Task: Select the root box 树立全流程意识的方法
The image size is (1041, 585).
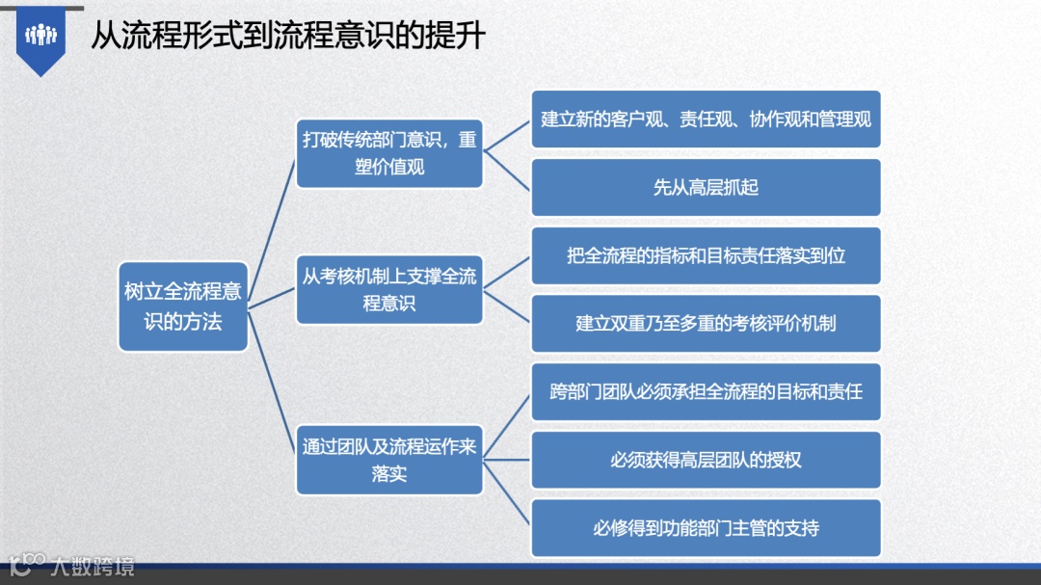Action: [x=183, y=306]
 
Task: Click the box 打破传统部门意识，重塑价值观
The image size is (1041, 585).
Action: [x=389, y=153]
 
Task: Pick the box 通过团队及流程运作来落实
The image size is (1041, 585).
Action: [x=389, y=460]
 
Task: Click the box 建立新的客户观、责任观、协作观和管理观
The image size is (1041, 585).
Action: [x=706, y=120]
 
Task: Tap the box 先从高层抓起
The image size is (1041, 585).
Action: [x=706, y=187]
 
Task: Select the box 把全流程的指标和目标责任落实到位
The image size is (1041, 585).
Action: [x=706, y=256]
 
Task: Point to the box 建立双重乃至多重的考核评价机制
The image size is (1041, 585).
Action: [x=706, y=323]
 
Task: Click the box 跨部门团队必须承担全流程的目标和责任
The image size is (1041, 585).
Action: [x=706, y=392]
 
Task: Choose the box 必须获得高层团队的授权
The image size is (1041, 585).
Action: [x=706, y=460]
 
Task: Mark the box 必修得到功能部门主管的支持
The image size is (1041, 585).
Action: [x=706, y=528]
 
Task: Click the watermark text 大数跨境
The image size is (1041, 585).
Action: [x=93, y=566]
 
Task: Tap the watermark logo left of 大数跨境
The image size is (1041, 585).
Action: [x=26, y=564]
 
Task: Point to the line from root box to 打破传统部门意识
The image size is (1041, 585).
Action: [x=272, y=231]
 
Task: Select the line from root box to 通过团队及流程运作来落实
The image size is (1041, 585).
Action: [x=272, y=384]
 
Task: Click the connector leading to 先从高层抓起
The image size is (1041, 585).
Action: [x=508, y=171]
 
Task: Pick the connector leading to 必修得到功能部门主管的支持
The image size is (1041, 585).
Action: [x=508, y=494]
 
